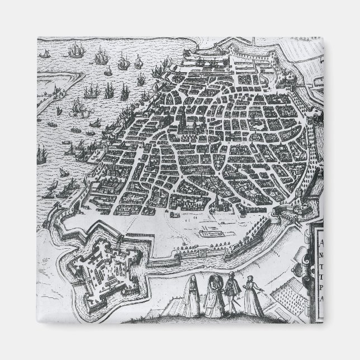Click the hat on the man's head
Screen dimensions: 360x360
pyautogui.click(x=230, y=276)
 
